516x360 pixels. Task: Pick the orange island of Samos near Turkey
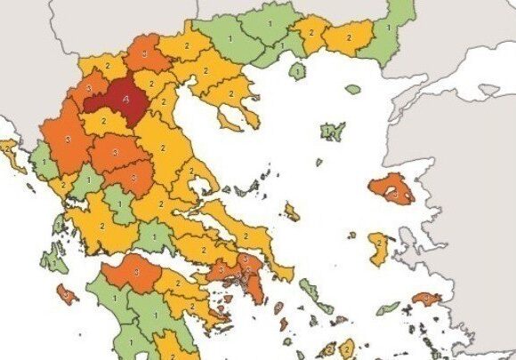(x=426, y=299)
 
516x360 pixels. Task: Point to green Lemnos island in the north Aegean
(x=332, y=132)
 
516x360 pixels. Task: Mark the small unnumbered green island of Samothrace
(x=353, y=90)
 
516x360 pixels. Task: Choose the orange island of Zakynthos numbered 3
(x=65, y=291)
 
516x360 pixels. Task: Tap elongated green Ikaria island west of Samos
(x=388, y=308)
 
